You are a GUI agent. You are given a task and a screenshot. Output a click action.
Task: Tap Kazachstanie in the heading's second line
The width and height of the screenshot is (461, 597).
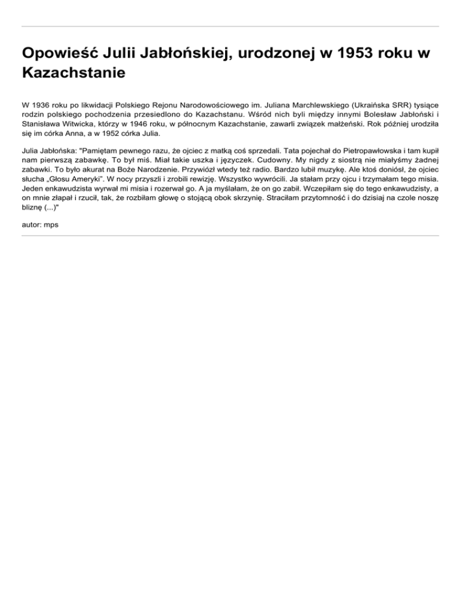(73, 73)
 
